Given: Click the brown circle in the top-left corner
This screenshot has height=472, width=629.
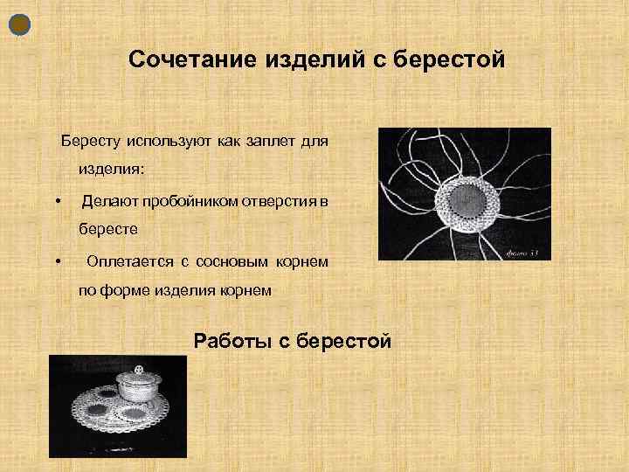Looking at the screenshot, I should pos(22,25).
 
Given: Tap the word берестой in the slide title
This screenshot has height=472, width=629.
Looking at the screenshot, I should pos(450,59).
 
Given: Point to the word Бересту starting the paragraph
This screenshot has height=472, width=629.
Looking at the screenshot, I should pos(90,141).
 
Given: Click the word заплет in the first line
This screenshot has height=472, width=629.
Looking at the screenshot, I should pos(275,141).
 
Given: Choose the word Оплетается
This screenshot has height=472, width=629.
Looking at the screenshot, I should pos(130,262).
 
